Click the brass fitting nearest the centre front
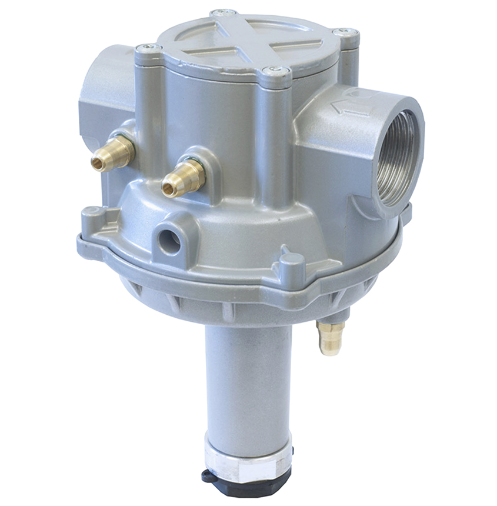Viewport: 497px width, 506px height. click(x=184, y=178)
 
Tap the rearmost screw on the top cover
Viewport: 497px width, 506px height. click(x=224, y=12)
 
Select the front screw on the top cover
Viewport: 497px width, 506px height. click(x=275, y=71)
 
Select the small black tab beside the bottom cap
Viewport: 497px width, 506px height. click(x=208, y=477)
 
